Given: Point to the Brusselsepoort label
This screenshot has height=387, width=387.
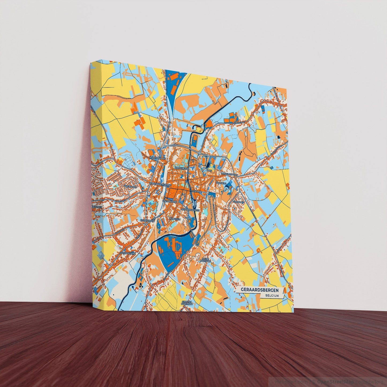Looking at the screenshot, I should tap(229, 174).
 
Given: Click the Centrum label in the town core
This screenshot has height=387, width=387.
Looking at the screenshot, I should tap(197, 192).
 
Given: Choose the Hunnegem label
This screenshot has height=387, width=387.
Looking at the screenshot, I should tap(175, 219).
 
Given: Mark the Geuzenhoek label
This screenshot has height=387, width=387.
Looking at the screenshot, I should tap(147, 220).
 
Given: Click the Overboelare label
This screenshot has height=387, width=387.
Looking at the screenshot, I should tap(128, 253).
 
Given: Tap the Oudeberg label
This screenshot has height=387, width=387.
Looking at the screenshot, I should tap(221, 183).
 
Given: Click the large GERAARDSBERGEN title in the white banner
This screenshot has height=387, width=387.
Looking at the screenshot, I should tap(259, 290).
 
